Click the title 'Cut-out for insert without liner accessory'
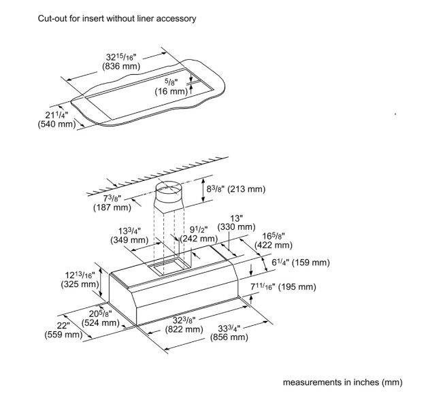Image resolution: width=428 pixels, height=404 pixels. click(x=117, y=18)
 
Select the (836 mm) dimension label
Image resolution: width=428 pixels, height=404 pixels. click(x=121, y=66)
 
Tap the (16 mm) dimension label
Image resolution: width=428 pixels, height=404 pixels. click(x=171, y=91)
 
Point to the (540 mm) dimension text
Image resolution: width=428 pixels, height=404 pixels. click(x=56, y=124)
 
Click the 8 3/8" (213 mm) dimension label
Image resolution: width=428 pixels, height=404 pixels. click(x=236, y=189)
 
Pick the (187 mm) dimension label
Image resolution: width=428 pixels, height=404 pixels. click(x=112, y=207)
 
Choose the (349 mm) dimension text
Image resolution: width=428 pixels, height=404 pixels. click(x=129, y=240)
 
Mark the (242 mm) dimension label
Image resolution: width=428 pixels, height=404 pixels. click(x=199, y=239)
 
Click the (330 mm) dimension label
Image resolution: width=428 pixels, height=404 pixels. click(x=236, y=227)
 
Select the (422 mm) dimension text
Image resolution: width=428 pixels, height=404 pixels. click(x=274, y=245)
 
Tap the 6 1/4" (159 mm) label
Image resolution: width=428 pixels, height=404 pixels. click(x=301, y=263)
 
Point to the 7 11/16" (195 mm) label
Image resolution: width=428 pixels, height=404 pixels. click(x=283, y=287)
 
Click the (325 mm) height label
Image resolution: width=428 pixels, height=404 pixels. click(x=80, y=284)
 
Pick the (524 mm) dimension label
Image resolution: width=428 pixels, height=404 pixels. click(x=101, y=323)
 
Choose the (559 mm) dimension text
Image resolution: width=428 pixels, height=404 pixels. click(x=63, y=335)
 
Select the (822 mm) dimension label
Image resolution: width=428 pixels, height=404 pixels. click(x=184, y=329)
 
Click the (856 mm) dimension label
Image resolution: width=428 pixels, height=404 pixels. click(x=229, y=337)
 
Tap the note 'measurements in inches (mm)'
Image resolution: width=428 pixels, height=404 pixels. click(x=342, y=382)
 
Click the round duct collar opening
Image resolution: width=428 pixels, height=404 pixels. click(x=169, y=185)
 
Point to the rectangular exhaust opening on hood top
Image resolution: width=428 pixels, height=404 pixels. click(x=167, y=265)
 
